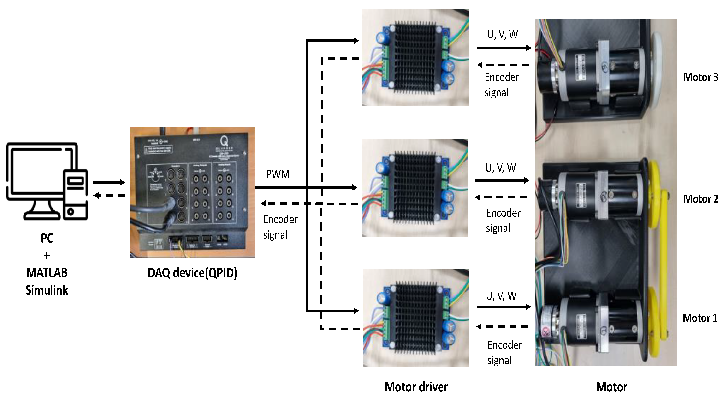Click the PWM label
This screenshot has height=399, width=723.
(x=278, y=174)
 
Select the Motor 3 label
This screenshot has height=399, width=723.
(x=700, y=77)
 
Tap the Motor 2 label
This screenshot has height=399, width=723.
(x=700, y=199)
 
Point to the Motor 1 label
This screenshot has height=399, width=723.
(x=700, y=318)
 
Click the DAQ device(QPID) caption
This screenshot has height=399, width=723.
(x=192, y=273)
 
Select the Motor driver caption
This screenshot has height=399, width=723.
(x=416, y=387)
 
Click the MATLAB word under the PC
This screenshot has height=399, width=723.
(x=47, y=273)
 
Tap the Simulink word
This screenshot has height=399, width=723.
(x=47, y=290)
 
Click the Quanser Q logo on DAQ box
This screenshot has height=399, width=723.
(x=224, y=141)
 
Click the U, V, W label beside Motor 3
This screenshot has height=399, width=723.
(x=502, y=35)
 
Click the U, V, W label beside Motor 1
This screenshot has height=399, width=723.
(x=501, y=296)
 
